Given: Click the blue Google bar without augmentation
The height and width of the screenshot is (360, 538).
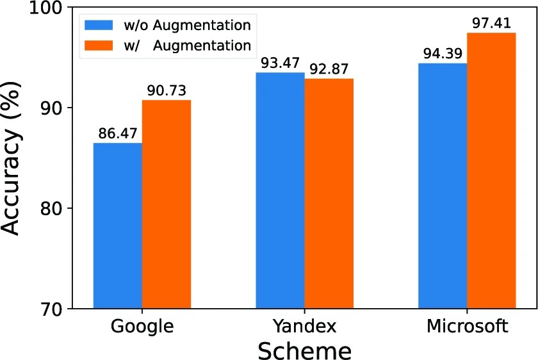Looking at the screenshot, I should tap(118, 225).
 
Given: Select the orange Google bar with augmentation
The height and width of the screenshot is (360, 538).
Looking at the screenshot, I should tap(167, 204).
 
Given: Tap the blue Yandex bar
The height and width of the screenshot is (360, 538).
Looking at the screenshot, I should tap(280, 190).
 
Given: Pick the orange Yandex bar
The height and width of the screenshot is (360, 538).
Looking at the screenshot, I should tap(329, 193).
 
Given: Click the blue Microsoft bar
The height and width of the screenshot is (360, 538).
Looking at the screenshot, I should tap(443, 186).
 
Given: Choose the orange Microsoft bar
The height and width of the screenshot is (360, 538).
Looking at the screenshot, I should tap(491, 170).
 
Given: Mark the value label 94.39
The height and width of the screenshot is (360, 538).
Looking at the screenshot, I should tap(442, 54).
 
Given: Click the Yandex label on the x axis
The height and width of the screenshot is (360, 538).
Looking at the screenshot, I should tap(304, 327).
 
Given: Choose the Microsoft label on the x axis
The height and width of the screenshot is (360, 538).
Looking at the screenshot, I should tap(467, 327).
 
